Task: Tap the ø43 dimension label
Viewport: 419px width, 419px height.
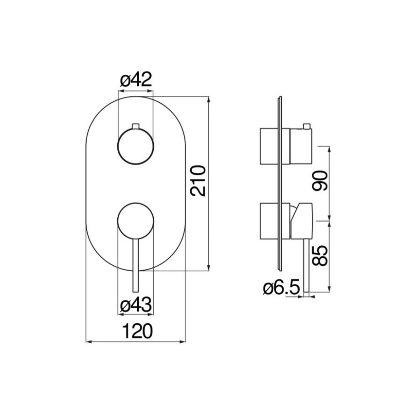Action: [x=136, y=305]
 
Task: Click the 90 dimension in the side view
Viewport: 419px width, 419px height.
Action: [x=319, y=181]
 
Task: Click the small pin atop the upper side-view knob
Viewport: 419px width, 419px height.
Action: [x=307, y=126]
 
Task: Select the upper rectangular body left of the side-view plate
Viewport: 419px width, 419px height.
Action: [x=269, y=146]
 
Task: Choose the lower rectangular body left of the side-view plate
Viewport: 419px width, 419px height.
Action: [x=269, y=221]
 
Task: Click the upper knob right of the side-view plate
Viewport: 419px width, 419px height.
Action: [x=301, y=146]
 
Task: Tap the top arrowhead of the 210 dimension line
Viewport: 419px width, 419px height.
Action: [x=209, y=100]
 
